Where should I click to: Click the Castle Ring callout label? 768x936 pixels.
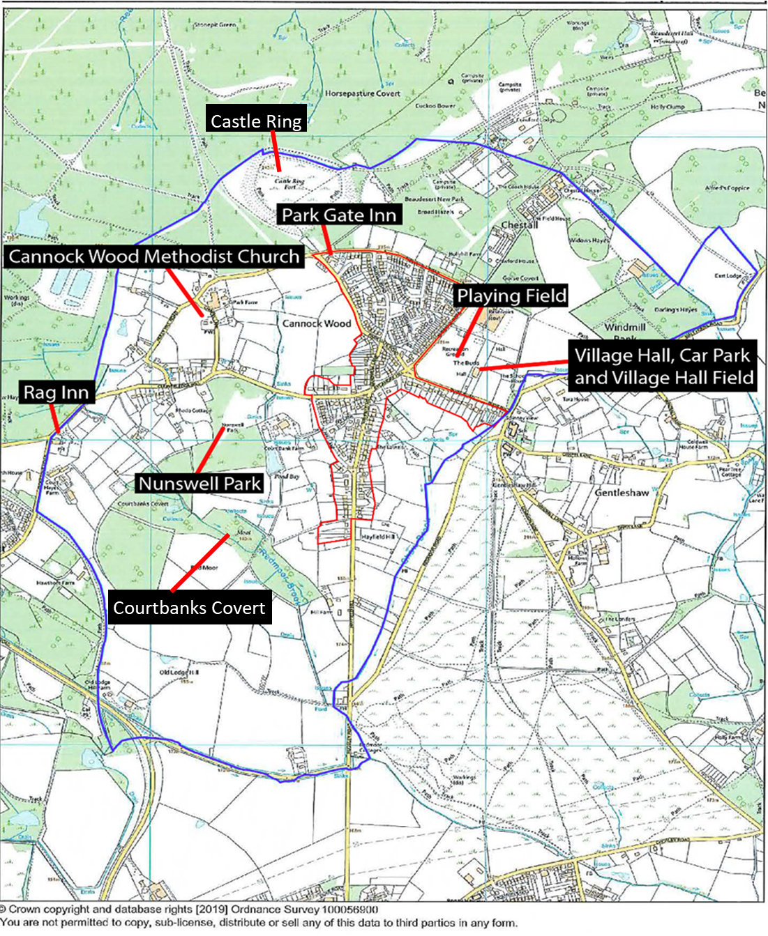tap(256, 121)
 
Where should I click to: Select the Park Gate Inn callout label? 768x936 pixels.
tap(339, 215)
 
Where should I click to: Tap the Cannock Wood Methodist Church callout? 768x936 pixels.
tap(153, 256)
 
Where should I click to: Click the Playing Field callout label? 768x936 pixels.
tap(511, 296)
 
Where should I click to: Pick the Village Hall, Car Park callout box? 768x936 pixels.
tap(663, 367)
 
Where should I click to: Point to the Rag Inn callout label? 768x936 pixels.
tap(57, 392)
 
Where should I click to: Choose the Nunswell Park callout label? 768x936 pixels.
tap(200, 483)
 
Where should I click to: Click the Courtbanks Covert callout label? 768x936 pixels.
tap(189, 608)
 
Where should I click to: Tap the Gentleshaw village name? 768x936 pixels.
tap(622, 493)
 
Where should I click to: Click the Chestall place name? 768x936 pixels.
tap(520, 225)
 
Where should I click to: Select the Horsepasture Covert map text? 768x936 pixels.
tap(363, 93)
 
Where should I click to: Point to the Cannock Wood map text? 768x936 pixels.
tap(317, 323)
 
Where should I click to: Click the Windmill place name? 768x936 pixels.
tap(625, 327)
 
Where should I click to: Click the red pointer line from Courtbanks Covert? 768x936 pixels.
tap(200, 563)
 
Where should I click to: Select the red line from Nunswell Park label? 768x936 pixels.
tap(211, 450)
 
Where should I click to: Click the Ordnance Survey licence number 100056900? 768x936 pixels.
tap(348, 910)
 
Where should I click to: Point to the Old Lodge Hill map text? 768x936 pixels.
tap(179, 673)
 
